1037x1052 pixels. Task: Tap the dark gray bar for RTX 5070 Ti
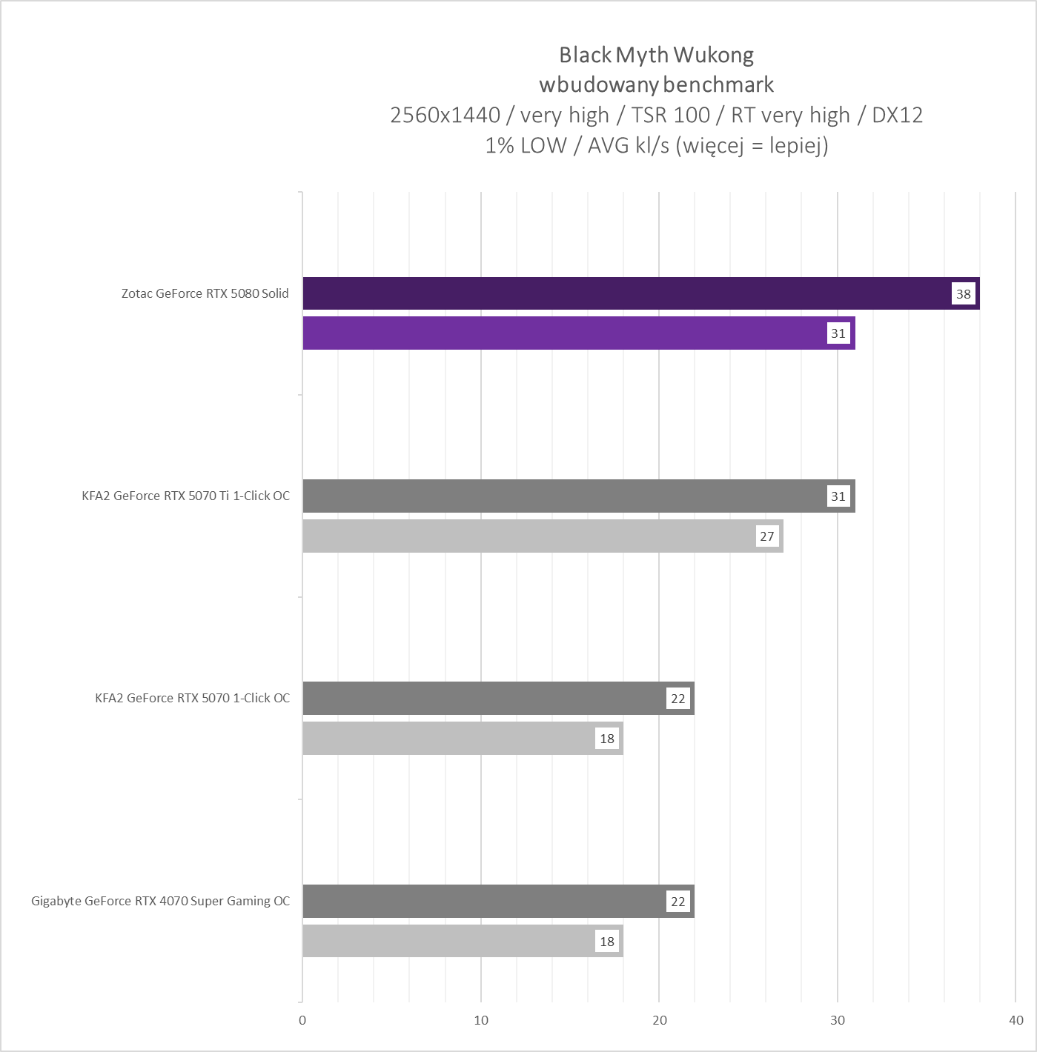[563, 496]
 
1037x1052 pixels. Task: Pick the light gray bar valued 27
[526, 536]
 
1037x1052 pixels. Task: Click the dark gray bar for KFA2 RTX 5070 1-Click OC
[482, 699]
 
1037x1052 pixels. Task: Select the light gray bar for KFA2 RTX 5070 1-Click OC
[445, 739]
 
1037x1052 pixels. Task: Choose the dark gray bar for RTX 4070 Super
[482, 902]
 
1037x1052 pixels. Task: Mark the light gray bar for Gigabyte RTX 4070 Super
[445, 942]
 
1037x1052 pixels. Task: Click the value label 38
[963, 294]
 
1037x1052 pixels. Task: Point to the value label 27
[766, 536]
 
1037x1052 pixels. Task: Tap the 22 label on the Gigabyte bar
[677, 902]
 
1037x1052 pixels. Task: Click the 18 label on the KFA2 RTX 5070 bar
[606, 739]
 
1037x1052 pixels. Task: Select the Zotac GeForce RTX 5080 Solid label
[205, 293]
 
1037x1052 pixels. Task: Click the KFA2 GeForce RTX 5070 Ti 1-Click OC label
[185, 496]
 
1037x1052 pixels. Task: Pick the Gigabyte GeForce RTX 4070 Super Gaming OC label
[160, 902]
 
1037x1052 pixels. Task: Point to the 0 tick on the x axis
[302, 1020]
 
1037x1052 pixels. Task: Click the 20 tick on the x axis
[659, 1020]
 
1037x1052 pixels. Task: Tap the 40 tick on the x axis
[1016, 1020]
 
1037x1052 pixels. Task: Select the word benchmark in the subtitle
[718, 84]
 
